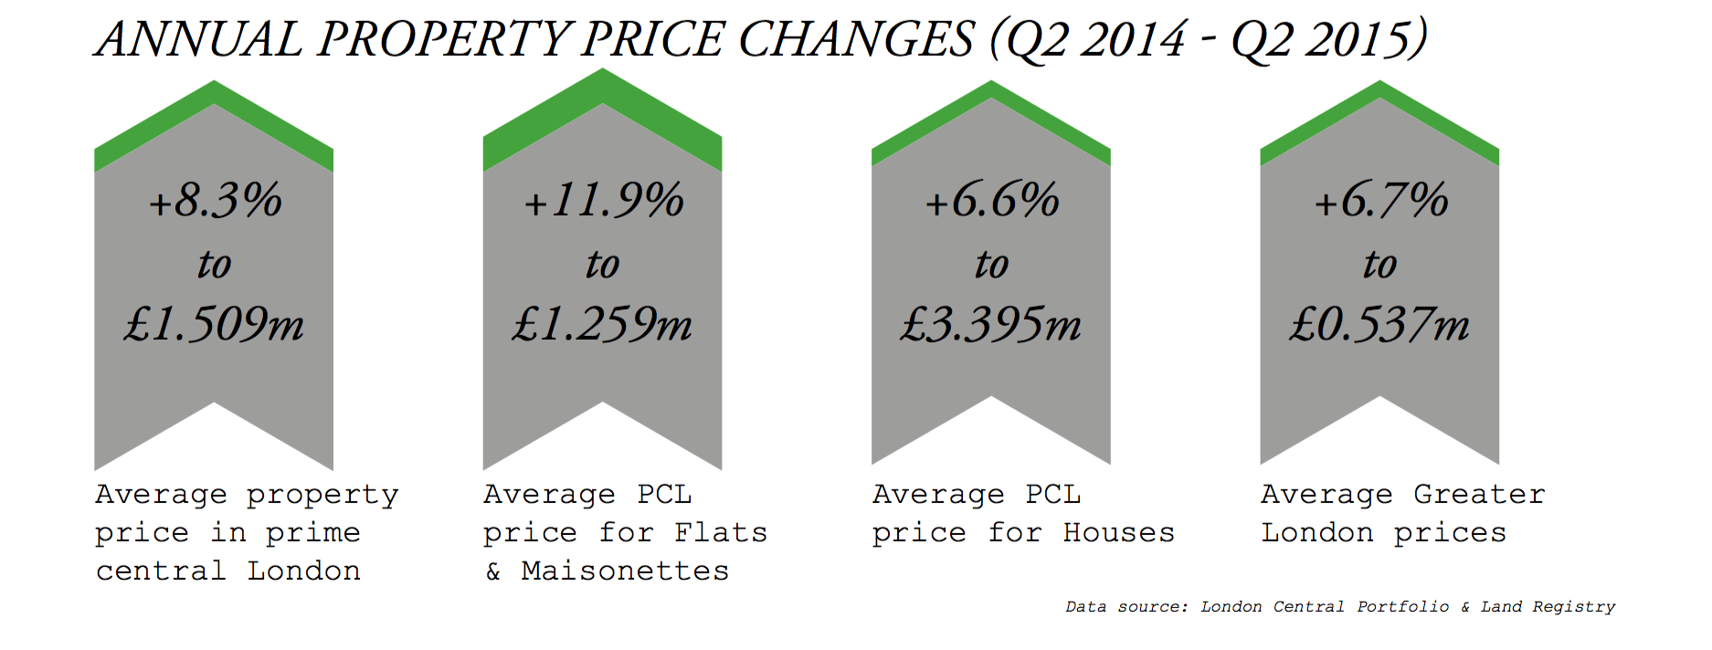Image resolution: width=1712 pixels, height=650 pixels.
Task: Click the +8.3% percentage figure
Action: [216, 201]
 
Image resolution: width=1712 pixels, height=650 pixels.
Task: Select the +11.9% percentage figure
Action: [604, 201]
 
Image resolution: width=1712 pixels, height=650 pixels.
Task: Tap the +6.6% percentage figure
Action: [992, 201]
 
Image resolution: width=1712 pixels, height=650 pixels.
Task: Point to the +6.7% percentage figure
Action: [1381, 201]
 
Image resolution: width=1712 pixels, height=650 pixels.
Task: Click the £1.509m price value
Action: [215, 324]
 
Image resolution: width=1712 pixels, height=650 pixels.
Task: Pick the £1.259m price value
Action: [603, 324]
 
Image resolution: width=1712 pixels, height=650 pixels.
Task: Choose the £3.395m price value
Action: [991, 324]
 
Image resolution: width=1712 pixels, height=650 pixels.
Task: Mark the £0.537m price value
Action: [1379, 324]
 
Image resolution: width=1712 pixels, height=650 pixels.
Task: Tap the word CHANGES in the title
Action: [856, 40]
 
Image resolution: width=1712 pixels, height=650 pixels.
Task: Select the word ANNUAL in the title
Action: [199, 40]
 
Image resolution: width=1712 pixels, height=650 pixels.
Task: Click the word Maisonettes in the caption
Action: [625, 571]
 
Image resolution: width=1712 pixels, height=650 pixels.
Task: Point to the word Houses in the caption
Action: [1118, 533]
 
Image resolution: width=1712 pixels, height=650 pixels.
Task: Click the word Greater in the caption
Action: [1479, 495]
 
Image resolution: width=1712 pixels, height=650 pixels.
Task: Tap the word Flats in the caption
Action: [721, 533]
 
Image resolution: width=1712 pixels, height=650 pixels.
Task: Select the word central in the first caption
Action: [161, 571]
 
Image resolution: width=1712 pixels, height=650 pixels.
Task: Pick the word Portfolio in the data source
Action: [1402, 607]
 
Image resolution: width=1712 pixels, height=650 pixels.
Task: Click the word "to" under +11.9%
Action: [603, 265]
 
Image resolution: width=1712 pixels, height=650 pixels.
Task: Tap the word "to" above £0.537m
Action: [1379, 265]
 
